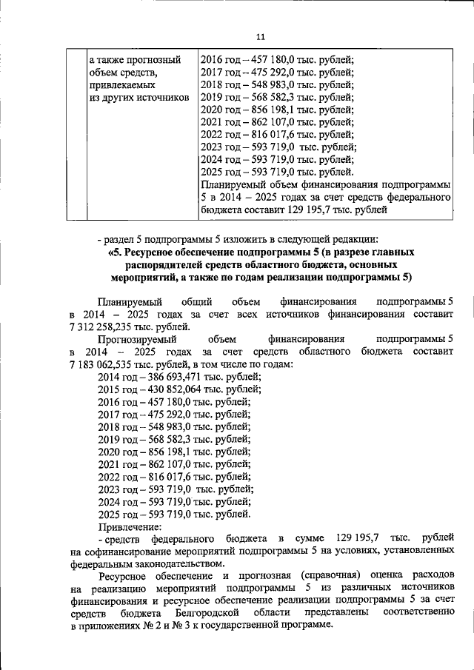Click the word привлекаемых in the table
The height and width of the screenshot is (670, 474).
coord(119,85)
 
